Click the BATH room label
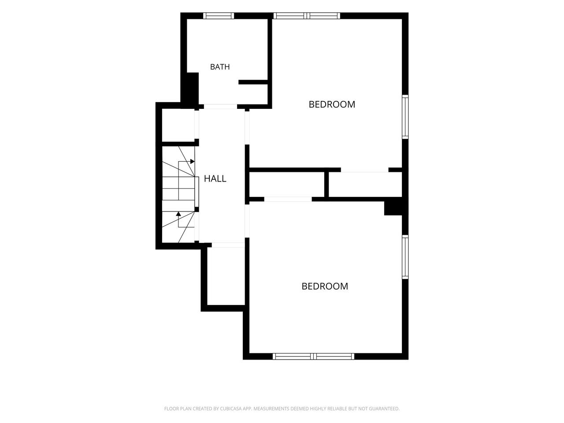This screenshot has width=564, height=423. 220,67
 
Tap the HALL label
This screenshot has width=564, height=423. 215,178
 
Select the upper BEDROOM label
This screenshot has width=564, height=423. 332,104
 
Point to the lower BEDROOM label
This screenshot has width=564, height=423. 325,286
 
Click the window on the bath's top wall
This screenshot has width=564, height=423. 219,16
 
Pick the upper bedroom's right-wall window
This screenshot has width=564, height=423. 405,117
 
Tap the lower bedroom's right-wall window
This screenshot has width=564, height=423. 405,257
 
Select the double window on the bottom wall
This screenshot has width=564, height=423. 313,356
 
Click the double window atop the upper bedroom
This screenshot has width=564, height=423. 307,16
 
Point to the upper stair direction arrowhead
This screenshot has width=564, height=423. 192,162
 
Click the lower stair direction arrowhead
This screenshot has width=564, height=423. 178,214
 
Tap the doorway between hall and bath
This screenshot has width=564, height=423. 220,107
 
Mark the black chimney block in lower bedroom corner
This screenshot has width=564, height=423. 393,206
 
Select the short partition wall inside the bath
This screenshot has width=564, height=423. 253,82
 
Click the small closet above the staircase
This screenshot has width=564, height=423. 178,125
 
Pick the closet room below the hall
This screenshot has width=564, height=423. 226,276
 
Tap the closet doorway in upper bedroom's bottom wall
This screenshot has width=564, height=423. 364,170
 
